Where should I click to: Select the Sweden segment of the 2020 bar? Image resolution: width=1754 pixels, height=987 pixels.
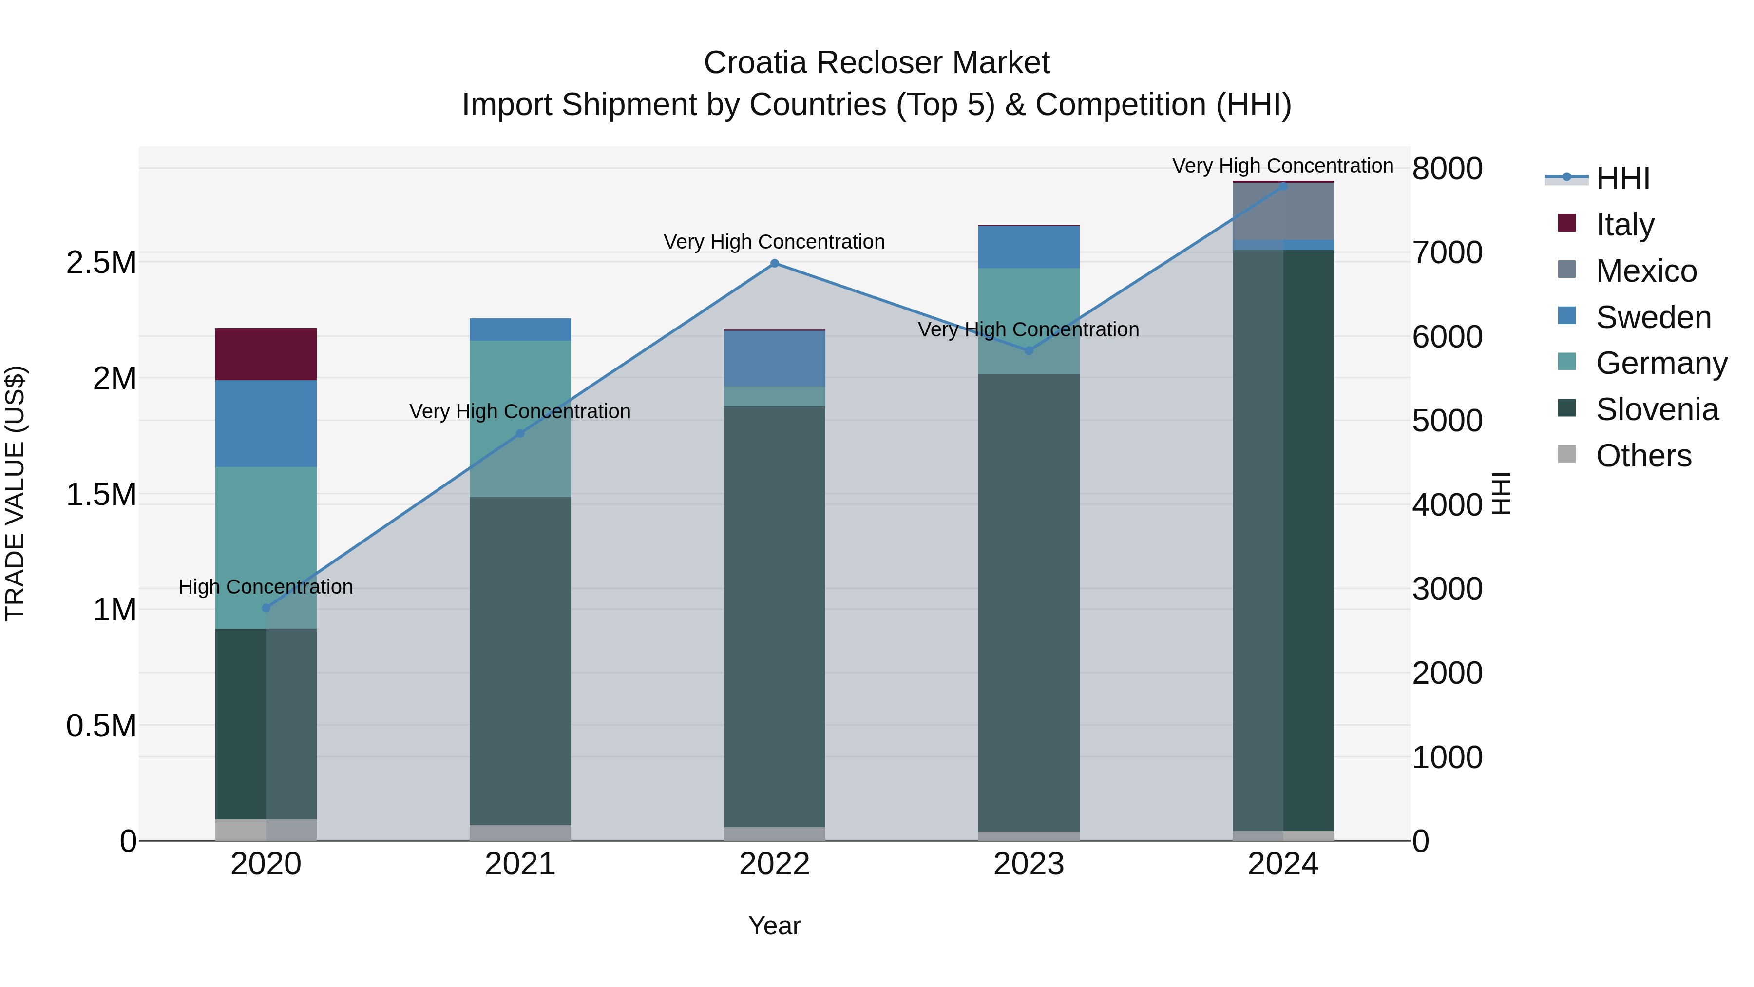266,423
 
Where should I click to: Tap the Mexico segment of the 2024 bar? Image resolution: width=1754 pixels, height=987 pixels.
1283,211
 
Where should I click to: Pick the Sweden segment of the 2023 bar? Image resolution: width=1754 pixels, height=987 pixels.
1028,247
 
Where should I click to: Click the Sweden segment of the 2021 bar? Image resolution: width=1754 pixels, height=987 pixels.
520,329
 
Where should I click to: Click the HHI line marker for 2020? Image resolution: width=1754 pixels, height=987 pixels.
266,608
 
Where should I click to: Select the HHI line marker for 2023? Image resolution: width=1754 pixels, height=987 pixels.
1028,351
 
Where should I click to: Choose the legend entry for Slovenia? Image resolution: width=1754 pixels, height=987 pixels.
1656,409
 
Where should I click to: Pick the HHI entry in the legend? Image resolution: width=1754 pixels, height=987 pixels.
1622,178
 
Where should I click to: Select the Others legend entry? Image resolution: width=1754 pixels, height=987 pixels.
1642,456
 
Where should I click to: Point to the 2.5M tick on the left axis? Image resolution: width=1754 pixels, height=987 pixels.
101,262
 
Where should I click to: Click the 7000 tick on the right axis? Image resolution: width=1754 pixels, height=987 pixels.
1447,252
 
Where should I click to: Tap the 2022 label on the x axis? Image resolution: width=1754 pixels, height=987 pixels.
774,864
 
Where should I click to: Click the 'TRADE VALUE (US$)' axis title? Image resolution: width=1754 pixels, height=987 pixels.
15,493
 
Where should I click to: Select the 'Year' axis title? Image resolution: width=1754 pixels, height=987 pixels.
774,926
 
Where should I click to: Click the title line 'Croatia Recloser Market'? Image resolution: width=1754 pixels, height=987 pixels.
877,63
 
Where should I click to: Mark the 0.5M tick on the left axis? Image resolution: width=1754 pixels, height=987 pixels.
101,725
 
